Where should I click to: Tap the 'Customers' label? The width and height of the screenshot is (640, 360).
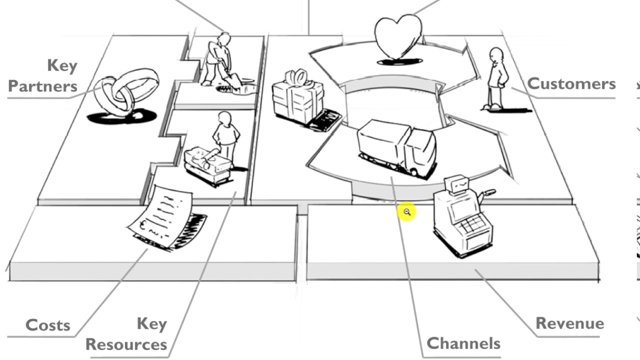[x=571, y=83]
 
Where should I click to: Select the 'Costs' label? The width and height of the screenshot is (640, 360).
[x=47, y=325]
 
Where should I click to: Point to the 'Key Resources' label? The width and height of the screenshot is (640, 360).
[x=127, y=334]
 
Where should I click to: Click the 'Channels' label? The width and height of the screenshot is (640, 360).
[x=463, y=343]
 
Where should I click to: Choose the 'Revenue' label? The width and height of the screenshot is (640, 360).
[x=569, y=323]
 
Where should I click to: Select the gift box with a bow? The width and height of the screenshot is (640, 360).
[x=298, y=97]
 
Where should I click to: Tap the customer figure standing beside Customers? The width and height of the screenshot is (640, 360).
[x=495, y=78]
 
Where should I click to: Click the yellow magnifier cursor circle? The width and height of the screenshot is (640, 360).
[x=406, y=212]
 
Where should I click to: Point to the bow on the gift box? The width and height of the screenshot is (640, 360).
[x=296, y=77]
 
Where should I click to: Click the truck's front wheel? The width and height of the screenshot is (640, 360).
[x=414, y=172]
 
